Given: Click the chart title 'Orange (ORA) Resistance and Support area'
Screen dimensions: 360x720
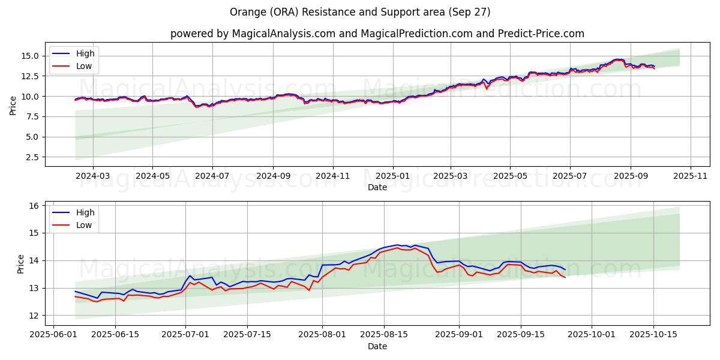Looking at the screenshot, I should (x=360, y=12).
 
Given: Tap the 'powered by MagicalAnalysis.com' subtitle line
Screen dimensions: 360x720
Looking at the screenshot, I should (x=377, y=34).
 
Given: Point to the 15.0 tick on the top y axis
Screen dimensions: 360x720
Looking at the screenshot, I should (x=31, y=56).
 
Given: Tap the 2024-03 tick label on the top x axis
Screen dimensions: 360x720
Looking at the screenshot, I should (x=93, y=176).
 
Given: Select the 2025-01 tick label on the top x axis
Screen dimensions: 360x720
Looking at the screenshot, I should (x=393, y=176).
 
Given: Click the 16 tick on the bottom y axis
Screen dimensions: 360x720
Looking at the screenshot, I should (x=34, y=206).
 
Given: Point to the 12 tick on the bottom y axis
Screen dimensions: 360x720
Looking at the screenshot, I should (x=34, y=316).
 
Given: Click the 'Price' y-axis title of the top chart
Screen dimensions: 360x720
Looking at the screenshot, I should (x=13, y=106).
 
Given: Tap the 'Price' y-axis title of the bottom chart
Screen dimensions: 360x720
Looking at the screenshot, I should (x=21, y=263).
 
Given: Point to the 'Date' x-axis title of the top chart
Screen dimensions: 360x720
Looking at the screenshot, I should (x=377, y=187).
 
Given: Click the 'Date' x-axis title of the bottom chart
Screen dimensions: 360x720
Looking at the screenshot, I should (x=377, y=346).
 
